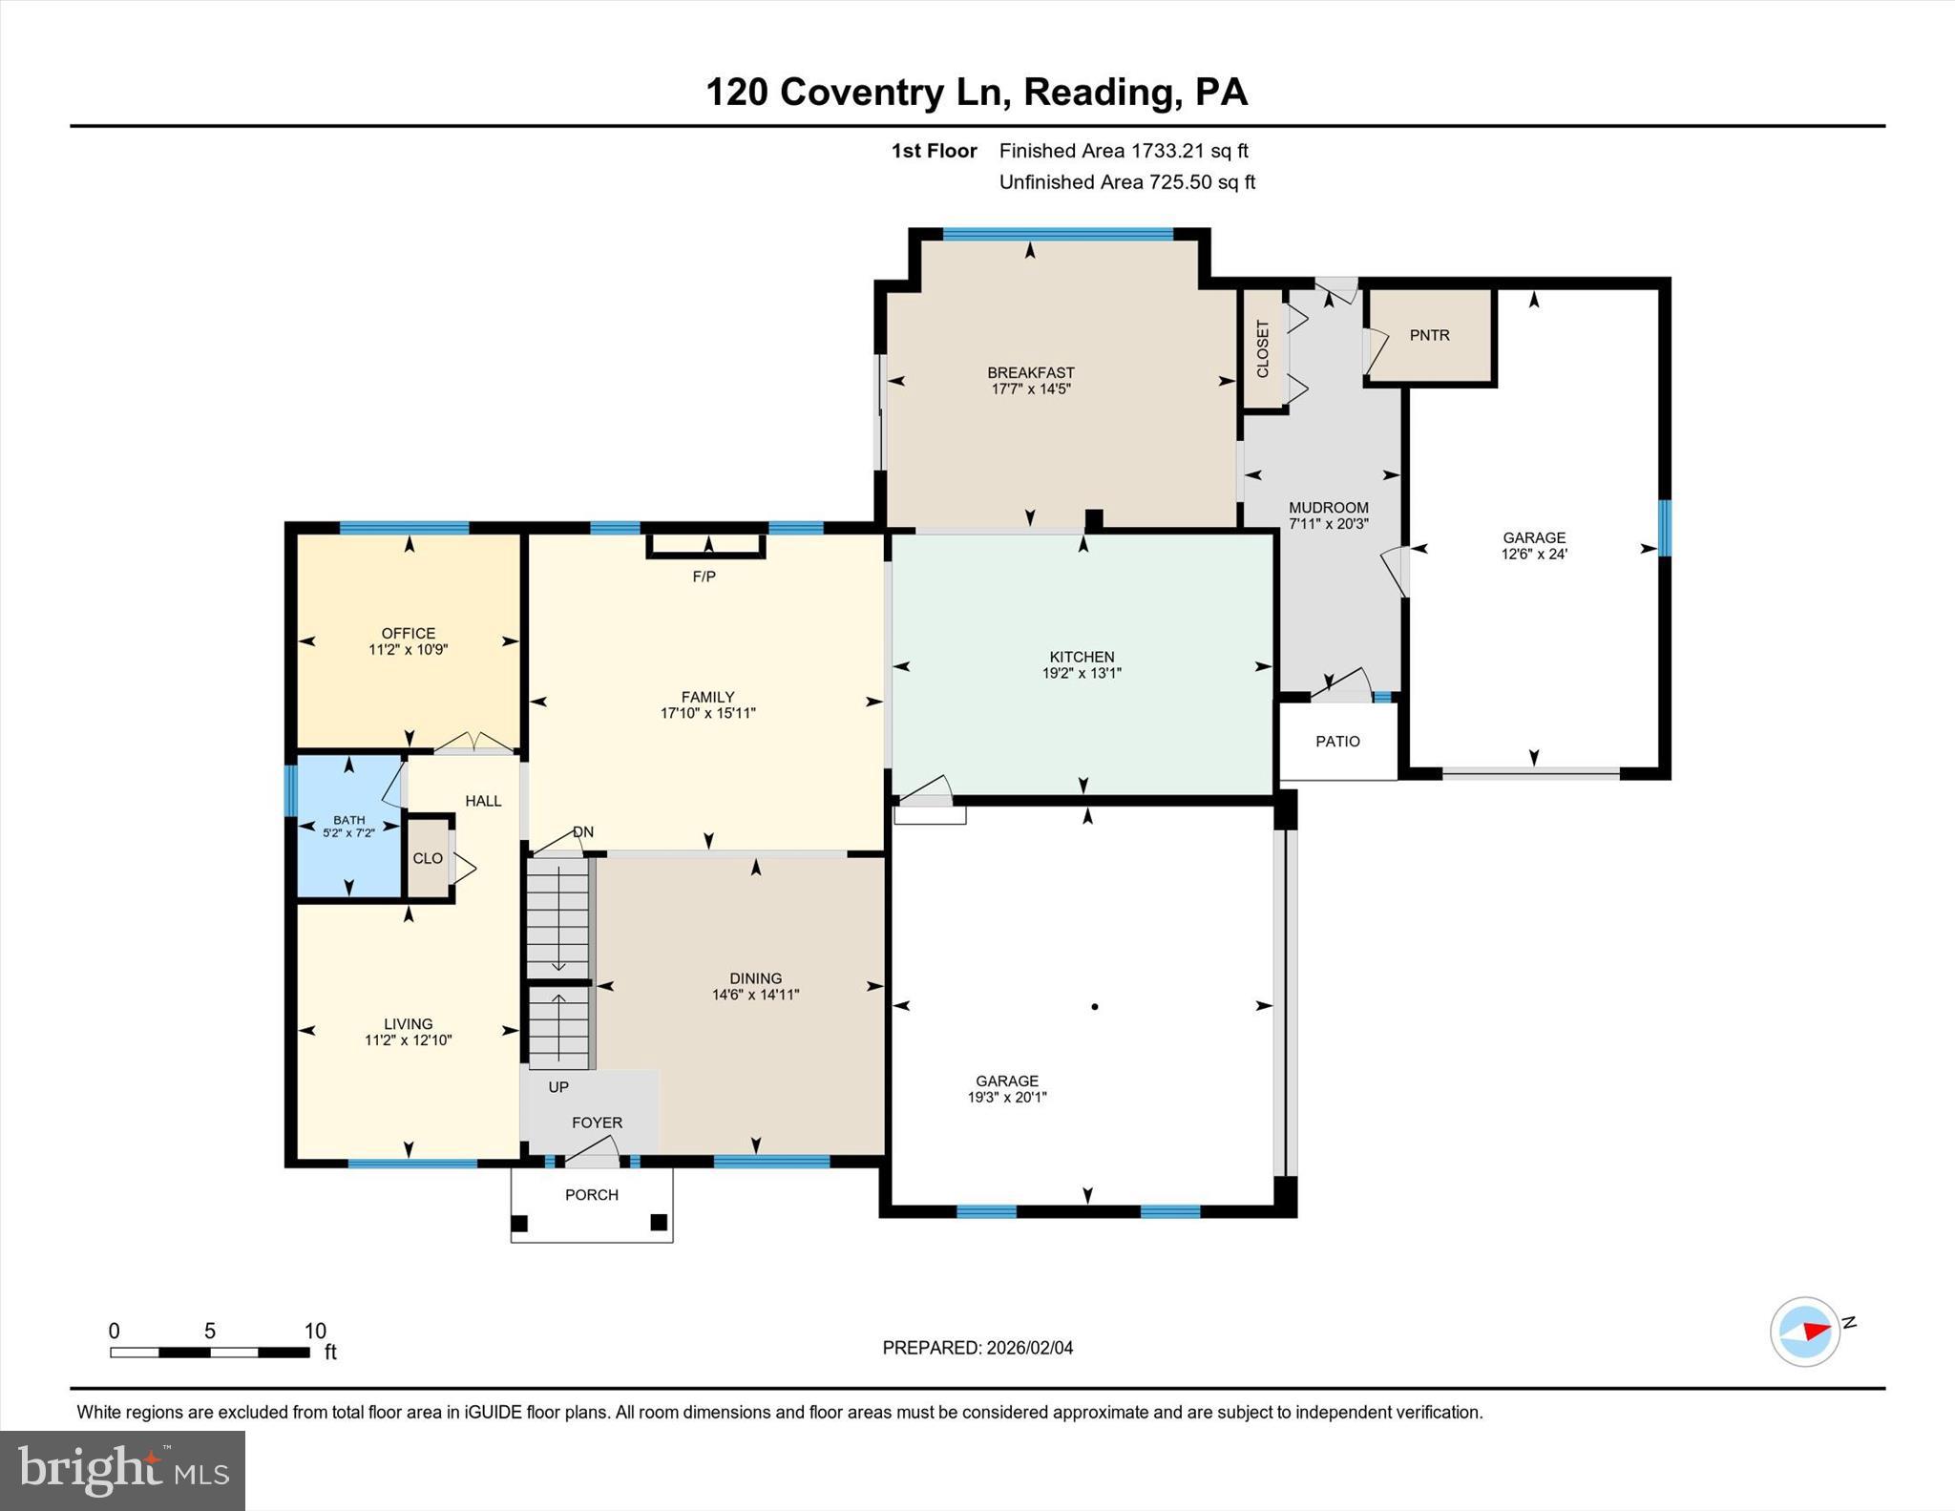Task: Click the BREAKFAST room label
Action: (1030, 372)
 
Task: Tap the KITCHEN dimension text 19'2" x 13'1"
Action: (1082, 673)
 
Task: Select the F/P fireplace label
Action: (704, 577)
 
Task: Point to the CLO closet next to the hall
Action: (428, 858)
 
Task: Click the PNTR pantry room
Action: (1429, 335)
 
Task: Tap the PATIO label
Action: (1337, 742)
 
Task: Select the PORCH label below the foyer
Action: (591, 1195)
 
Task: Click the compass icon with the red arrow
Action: (1804, 1332)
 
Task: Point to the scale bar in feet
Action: (209, 1352)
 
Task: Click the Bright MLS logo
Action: (122, 1470)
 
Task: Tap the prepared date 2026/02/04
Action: (1029, 1348)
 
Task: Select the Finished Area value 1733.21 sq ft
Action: (1189, 151)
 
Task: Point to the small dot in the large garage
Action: (1095, 1006)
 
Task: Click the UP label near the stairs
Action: (558, 1087)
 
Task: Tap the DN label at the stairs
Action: (583, 832)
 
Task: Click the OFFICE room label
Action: (409, 633)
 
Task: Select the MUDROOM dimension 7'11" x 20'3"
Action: (1329, 524)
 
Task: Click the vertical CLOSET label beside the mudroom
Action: (1263, 348)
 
